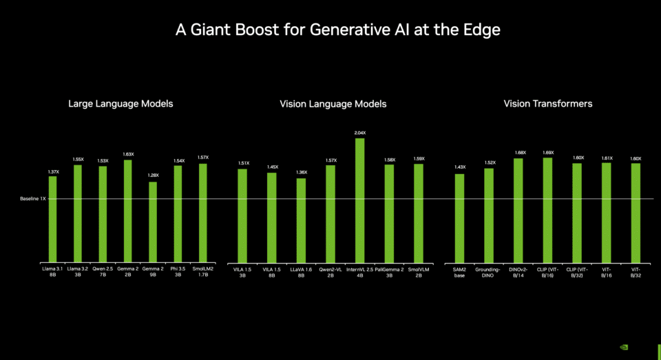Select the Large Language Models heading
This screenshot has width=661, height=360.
click(120, 104)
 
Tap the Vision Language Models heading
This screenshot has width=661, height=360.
click(333, 104)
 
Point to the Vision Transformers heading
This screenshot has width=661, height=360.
click(548, 104)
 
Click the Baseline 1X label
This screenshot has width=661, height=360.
click(32, 199)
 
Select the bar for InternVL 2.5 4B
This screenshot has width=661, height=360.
click(359, 200)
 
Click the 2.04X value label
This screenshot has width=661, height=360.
click(359, 133)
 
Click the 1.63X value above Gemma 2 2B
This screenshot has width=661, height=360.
click(128, 154)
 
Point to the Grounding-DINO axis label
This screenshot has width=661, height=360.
click(489, 273)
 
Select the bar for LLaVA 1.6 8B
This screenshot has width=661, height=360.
click(301, 220)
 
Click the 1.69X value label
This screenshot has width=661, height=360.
click(548, 152)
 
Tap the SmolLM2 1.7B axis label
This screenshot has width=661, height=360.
click(203, 273)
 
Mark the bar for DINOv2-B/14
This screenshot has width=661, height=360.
click(518, 211)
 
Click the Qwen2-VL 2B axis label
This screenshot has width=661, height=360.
click(330, 273)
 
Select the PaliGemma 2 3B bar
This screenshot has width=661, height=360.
click(389, 213)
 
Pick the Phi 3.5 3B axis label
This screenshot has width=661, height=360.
click(178, 273)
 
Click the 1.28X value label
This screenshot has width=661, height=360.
click(153, 176)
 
